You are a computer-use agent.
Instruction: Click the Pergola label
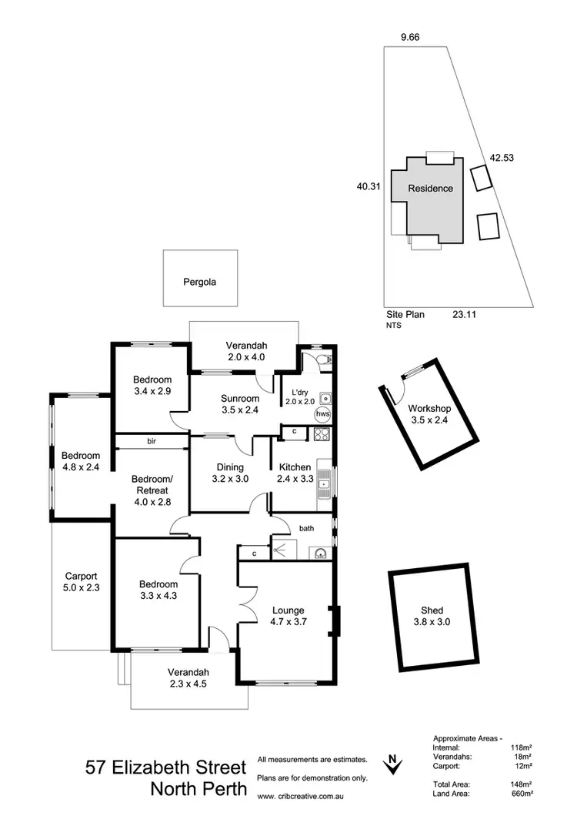click(199, 282)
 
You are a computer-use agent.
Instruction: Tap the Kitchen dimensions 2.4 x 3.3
click(294, 479)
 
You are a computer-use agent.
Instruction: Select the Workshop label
click(428, 408)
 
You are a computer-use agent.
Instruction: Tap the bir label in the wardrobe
click(152, 441)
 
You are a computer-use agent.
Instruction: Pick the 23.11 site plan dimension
click(464, 314)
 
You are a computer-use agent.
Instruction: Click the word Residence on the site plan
click(430, 188)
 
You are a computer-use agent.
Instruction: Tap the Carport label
click(81, 576)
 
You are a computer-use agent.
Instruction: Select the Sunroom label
click(239, 399)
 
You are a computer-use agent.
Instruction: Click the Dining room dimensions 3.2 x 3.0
click(230, 479)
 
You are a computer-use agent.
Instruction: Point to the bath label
click(306, 528)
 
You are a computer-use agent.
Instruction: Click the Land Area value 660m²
click(520, 794)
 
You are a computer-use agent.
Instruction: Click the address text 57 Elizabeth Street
click(166, 768)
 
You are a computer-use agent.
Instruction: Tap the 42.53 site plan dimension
click(502, 158)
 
